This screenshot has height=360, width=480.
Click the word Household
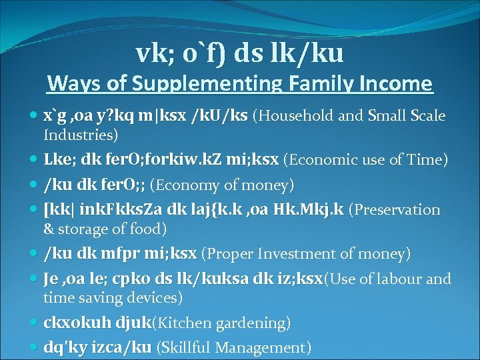click(x=297, y=116)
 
